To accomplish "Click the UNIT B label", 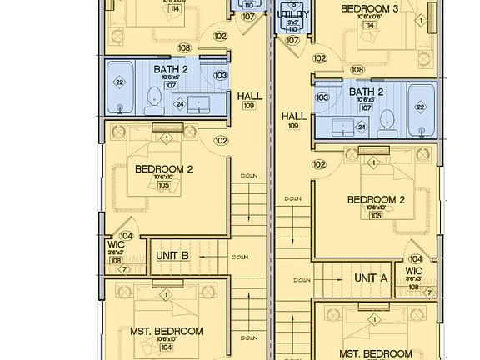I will [x=172, y=256].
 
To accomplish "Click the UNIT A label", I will [x=371, y=277].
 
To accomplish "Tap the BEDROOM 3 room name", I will [x=370, y=9].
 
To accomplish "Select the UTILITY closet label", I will [x=292, y=14].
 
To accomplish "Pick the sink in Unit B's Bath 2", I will [x=199, y=103].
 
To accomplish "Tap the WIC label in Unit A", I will [x=414, y=271].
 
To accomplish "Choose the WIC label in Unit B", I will [x=116, y=244].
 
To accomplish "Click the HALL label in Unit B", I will [x=249, y=96].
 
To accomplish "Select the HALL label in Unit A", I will [x=293, y=117].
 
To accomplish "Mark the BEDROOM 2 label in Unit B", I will [x=164, y=169].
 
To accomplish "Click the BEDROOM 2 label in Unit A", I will [x=376, y=199].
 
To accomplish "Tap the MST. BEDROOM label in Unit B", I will [x=167, y=331].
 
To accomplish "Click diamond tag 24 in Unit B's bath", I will [x=180, y=104].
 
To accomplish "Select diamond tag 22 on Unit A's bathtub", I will [x=421, y=107].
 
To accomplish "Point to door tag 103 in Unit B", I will [x=220, y=75].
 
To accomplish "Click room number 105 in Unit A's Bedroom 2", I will [x=376, y=215].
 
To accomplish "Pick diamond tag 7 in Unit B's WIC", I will [x=124, y=268].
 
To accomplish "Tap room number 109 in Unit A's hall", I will [x=293, y=125].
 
